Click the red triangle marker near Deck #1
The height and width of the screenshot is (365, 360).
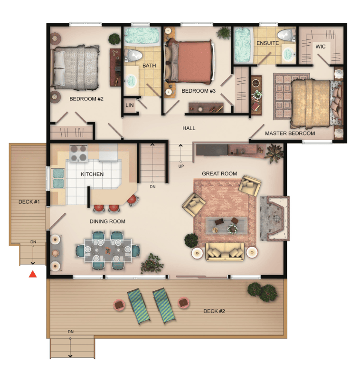(x=33, y=274)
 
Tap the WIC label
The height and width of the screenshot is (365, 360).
(x=320, y=47)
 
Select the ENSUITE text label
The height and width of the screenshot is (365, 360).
(x=267, y=43)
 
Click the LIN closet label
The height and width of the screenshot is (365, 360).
(x=130, y=105)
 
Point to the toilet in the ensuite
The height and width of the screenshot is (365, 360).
(x=286, y=35)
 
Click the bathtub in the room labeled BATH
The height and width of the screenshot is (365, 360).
(x=142, y=36)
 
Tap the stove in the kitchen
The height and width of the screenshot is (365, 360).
(x=78, y=153)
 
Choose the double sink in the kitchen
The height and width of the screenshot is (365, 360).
(x=58, y=178)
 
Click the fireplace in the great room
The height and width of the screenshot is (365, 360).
(x=275, y=218)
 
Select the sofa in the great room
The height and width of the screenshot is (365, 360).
(x=225, y=251)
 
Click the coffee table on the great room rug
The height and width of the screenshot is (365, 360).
(x=226, y=225)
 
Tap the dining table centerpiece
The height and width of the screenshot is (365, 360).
(x=107, y=251)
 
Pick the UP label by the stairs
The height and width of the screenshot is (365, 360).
(x=181, y=166)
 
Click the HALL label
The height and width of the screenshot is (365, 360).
(x=189, y=128)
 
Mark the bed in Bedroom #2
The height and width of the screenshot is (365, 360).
(x=75, y=67)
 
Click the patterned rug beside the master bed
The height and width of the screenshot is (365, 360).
(x=291, y=96)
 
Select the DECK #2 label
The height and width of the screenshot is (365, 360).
(x=214, y=311)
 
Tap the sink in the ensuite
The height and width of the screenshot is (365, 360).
(x=289, y=54)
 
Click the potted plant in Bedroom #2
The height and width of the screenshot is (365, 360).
(x=114, y=39)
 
